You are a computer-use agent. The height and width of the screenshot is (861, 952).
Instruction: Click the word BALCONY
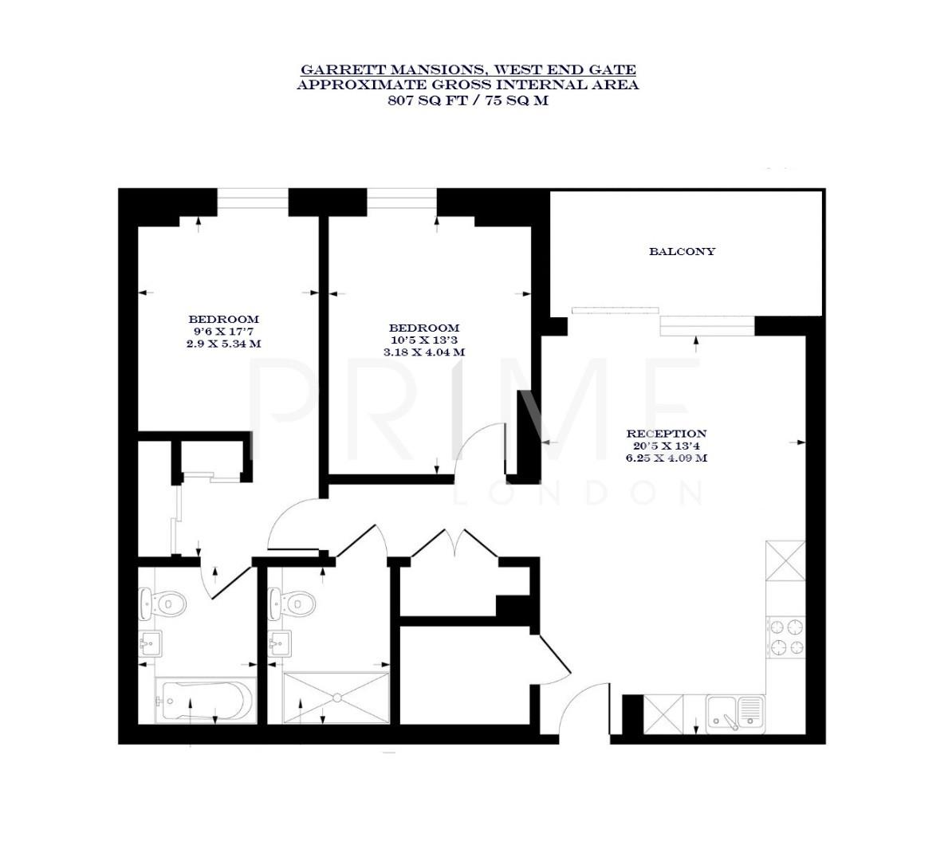pyautogui.click(x=682, y=251)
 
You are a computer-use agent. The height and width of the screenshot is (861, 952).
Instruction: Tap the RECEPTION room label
pyautogui.click(x=667, y=434)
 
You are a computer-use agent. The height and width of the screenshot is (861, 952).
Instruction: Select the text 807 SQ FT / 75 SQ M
pyautogui.click(x=468, y=100)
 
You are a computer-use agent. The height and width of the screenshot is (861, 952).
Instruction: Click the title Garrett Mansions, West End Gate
pyautogui.click(x=468, y=70)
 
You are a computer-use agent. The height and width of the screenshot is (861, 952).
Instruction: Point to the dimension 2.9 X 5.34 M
pyautogui.click(x=223, y=344)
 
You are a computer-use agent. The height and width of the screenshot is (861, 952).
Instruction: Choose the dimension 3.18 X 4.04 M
pyautogui.click(x=424, y=352)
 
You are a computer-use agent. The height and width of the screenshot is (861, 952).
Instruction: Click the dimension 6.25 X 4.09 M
pyautogui.click(x=667, y=458)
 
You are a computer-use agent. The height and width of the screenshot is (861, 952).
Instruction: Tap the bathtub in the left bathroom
pyautogui.click(x=205, y=702)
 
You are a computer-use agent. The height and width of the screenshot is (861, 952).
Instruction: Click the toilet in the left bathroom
pyautogui.click(x=159, y=604)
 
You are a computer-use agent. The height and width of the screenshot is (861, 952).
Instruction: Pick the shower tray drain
pyautogui.click(x=338, y=698)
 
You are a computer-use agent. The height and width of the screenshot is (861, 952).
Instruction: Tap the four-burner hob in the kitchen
pyautogui.click(x=786, y=638)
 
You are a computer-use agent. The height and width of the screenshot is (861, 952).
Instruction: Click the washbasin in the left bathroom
pyautogui.click(x=151, y=644)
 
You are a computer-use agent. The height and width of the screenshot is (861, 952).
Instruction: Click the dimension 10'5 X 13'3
pyautogui.click(x=424, y=340)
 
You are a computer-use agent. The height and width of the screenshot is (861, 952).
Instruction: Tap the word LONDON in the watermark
pyautogui.click(x=578, y=494)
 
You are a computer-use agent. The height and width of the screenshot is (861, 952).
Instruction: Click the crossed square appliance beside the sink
pyautogui.click(x=663, y=711)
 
